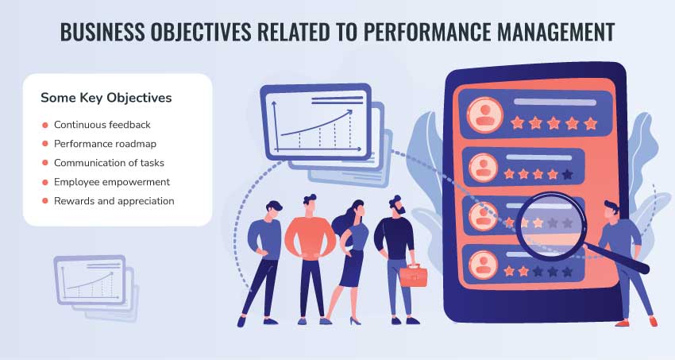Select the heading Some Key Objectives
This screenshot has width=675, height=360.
coord(106,98)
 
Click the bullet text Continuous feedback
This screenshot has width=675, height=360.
coord(102,125)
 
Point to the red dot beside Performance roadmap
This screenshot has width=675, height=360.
coord(44,144)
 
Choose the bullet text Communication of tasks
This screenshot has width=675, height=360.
coord(109,163)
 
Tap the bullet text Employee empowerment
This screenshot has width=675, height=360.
coord(112,182)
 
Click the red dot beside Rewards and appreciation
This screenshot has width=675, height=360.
coord(44,201)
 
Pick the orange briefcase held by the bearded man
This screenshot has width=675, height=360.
coord(414,276)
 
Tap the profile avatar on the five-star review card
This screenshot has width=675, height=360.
coord(485,114)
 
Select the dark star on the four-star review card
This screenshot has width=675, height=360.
coord(567,174)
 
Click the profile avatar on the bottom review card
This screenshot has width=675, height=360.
coord(483,265)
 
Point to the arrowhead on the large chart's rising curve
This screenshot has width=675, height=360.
coord(349,112)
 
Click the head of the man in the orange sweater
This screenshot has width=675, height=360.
coord(310,205)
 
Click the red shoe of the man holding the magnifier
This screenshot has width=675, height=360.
coord(623,323)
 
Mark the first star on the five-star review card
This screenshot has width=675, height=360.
coord(517,123)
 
